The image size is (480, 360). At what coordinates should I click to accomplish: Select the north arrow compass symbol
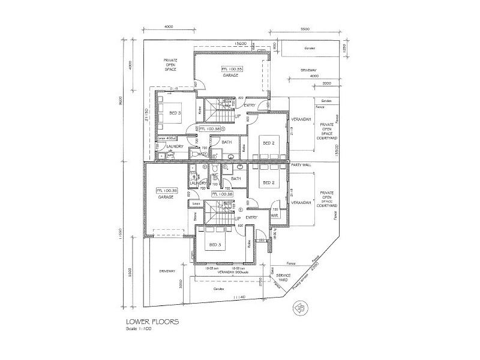pyautogui.click(x=297, y=309)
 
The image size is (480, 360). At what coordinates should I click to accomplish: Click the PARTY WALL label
pyautogui.click(x=299, y=165)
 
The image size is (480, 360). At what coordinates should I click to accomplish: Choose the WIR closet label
pyautogui.click(x=274, y=214)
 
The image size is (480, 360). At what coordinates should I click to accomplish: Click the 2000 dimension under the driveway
pyautogui.click(x=327, y=83)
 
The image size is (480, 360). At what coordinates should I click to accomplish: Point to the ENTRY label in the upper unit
pyautogui.click(x=250, y=106)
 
